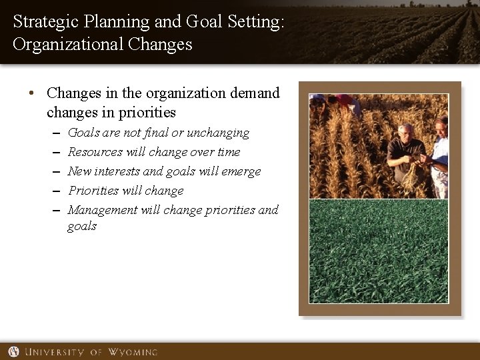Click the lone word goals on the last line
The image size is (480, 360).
(x=82, y=227)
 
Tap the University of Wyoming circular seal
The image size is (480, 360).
(x=13, y=351)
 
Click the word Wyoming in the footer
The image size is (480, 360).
(x=133, y=351)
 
